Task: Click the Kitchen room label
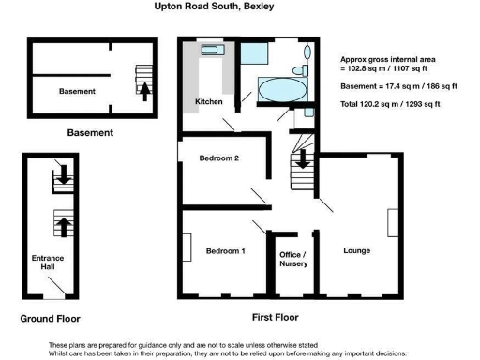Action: click(x=207, y=100)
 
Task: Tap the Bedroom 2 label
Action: click(x=218, y=158)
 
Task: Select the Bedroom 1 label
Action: click(x=226, y=250)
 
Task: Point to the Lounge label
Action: click(x=356, y=250)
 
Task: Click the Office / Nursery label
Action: click(x=293, y=259)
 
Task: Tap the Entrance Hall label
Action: click(x=45, y=262)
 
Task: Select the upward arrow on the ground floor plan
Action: click(x=63, y=225)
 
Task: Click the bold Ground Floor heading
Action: click(x=50, y=319)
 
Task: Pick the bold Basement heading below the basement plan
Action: click(x=90, y=133)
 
